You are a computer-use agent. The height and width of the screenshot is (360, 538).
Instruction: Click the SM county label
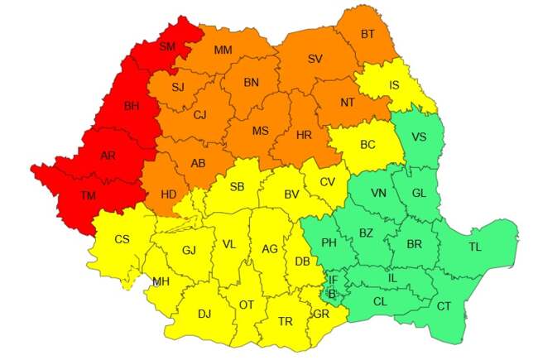pyautogui.click(x=168, y=46)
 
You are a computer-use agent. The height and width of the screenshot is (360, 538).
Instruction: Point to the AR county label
pyautogui.click(x=107, y=155)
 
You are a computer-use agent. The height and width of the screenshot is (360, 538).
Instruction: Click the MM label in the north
pyautogui.click(x=223, y=50)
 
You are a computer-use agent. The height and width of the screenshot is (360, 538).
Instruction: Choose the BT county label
pyautogui.click(x=367, y=35)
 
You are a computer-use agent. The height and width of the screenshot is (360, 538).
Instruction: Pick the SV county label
pyautogui.click(x=315, y=59)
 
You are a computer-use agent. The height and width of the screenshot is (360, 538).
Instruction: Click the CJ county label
pyautogui.click(x=199, y=115)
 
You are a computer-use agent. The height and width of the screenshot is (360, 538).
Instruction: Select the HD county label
pyautogui.click(x=168, y=194)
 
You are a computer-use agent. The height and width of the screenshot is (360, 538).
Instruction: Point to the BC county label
pyautogui.click(x=367, y=144)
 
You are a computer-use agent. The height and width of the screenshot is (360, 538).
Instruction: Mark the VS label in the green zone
pyautogui.click(x=419, y=137)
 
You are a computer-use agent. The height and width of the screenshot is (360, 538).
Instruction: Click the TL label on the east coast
pyautogui.click(x=475, y=247)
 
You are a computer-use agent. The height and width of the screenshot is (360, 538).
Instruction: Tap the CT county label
pyautogui.click(x=444, y=306)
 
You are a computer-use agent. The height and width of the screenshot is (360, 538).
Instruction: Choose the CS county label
pyautogui.click(x=122, y=239)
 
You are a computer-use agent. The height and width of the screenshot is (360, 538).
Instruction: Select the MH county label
pyautogui.click(x=161, y=282)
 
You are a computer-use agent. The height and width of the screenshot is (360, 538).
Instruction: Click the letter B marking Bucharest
pyautogui.click(x=332, y=293)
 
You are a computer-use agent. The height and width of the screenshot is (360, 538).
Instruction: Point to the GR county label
pyautogui.click(x=322, y=314)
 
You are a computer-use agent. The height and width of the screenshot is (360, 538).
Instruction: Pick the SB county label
pyautogui.click(x=238, y=187)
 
